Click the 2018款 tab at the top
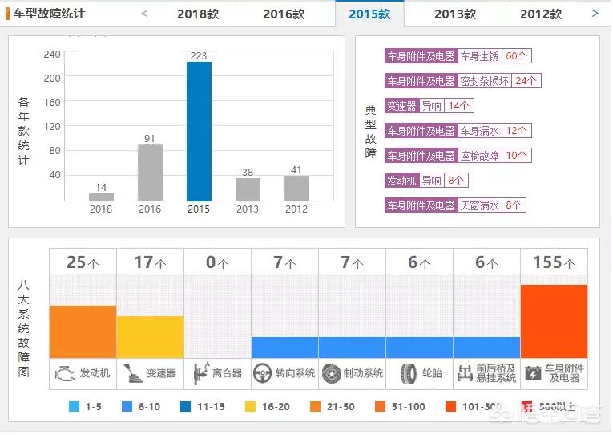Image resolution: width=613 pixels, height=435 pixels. pos(198,14)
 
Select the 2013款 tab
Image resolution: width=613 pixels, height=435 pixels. pos(455,14)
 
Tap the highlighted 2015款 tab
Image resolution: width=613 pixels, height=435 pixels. pos(369,14)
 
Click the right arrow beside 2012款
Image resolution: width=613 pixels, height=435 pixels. pos(595,13)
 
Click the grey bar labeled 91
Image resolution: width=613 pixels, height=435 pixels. pos(150,172)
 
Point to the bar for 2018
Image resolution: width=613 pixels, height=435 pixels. pos(101,197)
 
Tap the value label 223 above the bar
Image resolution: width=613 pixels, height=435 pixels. pos(199,55)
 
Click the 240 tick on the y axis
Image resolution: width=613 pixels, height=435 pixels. pos(52,55)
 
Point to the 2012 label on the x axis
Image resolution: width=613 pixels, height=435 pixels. pos(296,209)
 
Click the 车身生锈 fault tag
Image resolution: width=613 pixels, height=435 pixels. pos(480,56)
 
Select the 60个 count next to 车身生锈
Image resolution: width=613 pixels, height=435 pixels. pos(517,56)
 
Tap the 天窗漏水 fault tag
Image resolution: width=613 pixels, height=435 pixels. pos(480,205)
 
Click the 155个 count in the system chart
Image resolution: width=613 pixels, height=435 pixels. pos(554,262)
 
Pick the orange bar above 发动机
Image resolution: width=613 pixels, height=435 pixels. pos(83,331)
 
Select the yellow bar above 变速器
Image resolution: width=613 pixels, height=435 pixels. pos(150,337)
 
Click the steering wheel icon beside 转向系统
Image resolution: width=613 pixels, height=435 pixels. pos(262,373)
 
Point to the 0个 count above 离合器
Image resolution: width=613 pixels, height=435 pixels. pos(217,262)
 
